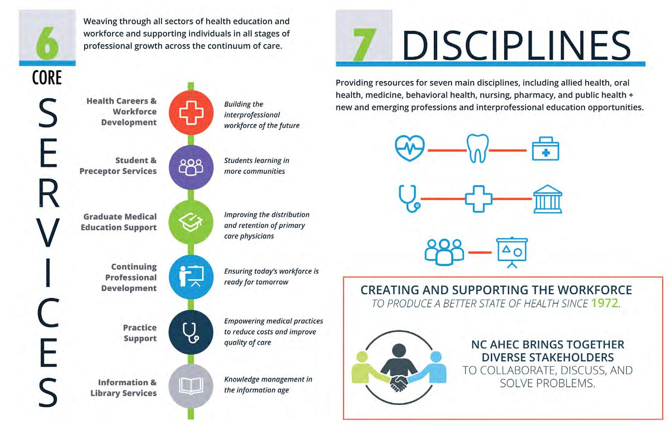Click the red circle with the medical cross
click(x=191, y=113)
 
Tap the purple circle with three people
click(x=191, y=167)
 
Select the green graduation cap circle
click(x=191, y=222)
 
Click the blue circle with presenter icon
click(x=191, y=277)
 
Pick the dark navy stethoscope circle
click(x=191, y=332)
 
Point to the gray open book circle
click(x=191, y=386)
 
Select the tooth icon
click(x=477, y=148)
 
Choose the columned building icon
click(x=548, y=199)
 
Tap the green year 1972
click(x=604, y=303)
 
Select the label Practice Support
click(x=140, y=333)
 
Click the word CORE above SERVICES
click(x=47, y=78)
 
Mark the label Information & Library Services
click(x=123, y=388)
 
